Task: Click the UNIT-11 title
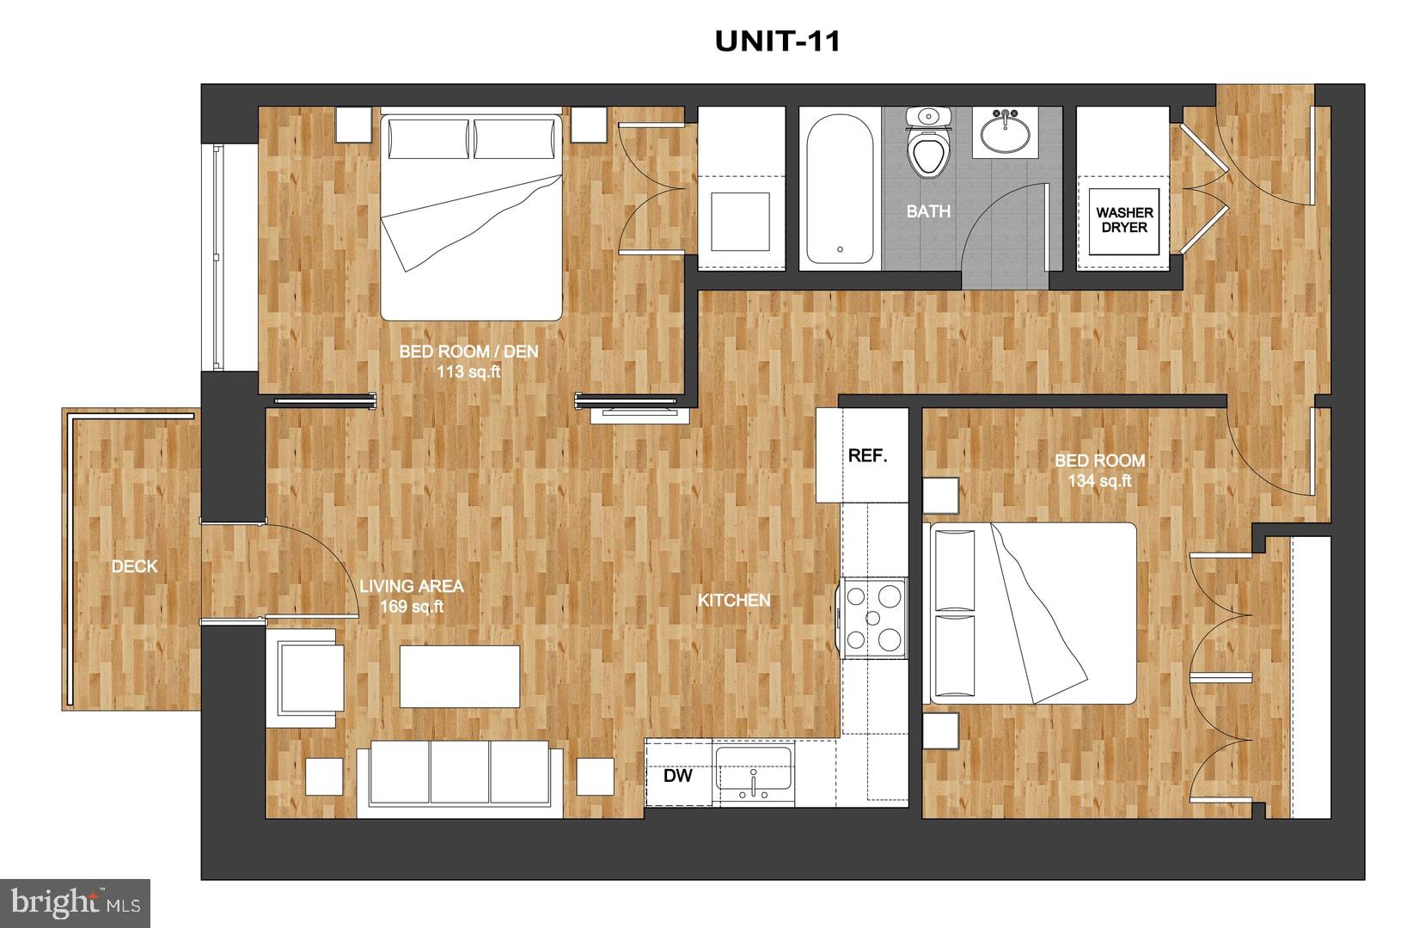pyautogui.click(x=777, y=41)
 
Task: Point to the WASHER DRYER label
pyautogui.click(x=1124, y=220)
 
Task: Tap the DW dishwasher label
pyautogui.click(x=678, y=776)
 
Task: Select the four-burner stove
pyautogui.click(x=874, y=617)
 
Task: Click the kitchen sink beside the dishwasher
pyautogui.click(x=754, y=772)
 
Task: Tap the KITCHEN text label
pyautogui.click(x=733, y=600)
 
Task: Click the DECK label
pyautogui.click(x=135, y=566)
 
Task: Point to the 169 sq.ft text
pyautogui.click(x=412, y=607)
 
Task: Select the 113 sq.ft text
pyautogui.click(x=468, y=372)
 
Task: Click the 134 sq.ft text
pyautogui.click(x=1099, y=481)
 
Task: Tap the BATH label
pyautogui.click(x=928, y=211)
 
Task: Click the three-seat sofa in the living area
pyautogui.click(x=460, y=775)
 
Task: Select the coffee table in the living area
pyautogui.click(x=460, y=676)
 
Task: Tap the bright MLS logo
pyautogui.click(x=76, y=903)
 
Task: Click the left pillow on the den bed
pyautogui.click(x=429, y=138)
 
